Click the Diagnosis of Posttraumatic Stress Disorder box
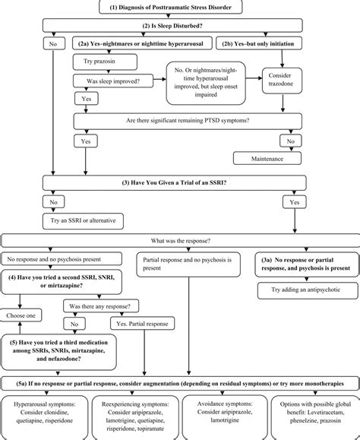tap(180, 8)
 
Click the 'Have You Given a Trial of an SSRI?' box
tap(180, 182)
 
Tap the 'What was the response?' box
tap(180, 241)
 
